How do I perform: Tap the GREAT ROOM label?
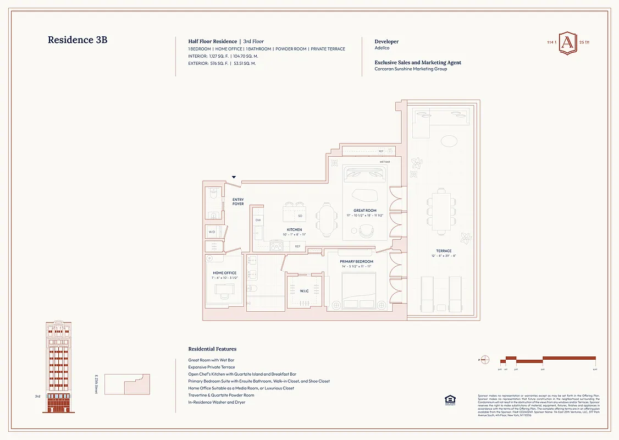pyautogui.click(x=365, y=210)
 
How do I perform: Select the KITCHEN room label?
pyautogui.click(x=294, y=229)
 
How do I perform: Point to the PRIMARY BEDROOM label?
pyautogui.click(x=356, y=261)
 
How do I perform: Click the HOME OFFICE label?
pyautogui.click(x=224, y=273)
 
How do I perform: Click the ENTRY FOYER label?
pyautogui.click(x=238, y=202)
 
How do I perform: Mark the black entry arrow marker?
pyautogui.click(x=234, y=177)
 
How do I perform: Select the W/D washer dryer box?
pyautogui.click(x=212, y=232)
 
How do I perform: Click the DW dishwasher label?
pyautogui.click(x=258, y=220)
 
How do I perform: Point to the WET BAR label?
pyautogui.click(x=384, y=162)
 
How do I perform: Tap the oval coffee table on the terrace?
pyautogui.click(x=449, y=141)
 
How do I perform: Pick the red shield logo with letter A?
pyautogui.click(x=568, y=46)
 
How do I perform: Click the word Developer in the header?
pyautogui.click(x=386, y=41)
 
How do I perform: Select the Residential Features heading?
pyautogui.click(x=212, y=349)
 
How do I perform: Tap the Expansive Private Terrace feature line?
pyautogui.click(x=212, y=367)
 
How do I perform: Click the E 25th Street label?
pyautogui.click(x=96, y=384)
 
